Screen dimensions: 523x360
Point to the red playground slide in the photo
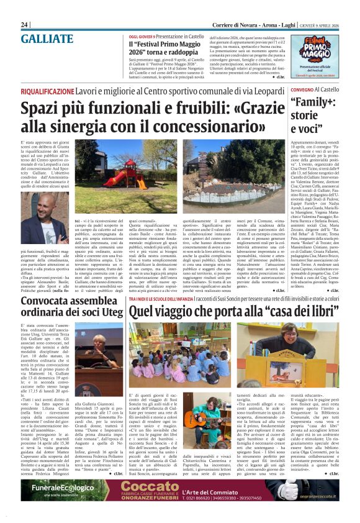(x=119, y=178)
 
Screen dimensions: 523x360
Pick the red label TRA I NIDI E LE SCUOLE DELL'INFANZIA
(x=164, y=298)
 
